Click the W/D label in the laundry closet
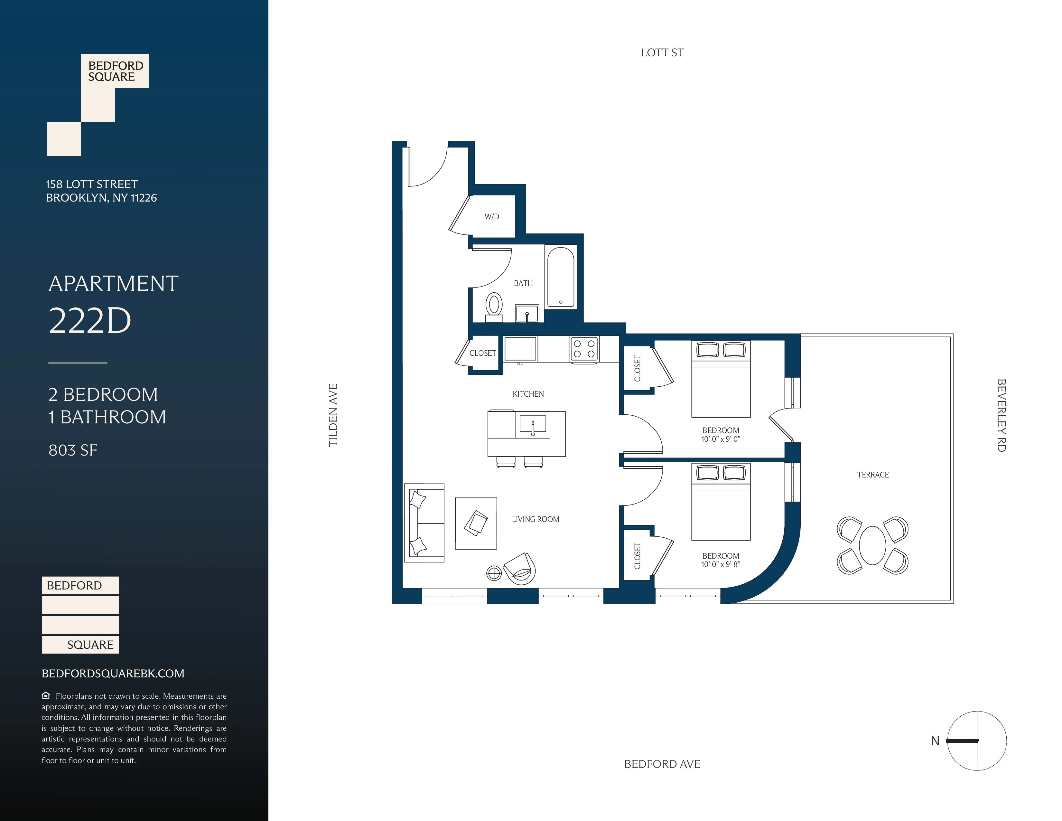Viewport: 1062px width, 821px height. [492, 216]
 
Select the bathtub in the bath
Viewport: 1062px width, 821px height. [561, 277]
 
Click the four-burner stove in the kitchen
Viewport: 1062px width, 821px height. [584, 349]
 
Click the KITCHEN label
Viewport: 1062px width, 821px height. [528, 394]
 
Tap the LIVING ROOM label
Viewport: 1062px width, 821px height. [536, 519]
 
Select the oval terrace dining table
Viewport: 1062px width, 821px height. [872, 545]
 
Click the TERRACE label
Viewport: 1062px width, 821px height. [873, 475]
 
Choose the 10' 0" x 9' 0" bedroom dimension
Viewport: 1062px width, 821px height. [721, 439]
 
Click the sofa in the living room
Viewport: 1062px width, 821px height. [424, 523]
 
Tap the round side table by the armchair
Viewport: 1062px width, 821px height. [494, 573]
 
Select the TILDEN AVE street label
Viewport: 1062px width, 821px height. [333, 415]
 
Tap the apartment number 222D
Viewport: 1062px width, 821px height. [90, 321]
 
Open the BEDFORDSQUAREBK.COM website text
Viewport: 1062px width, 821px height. [113, 674]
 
